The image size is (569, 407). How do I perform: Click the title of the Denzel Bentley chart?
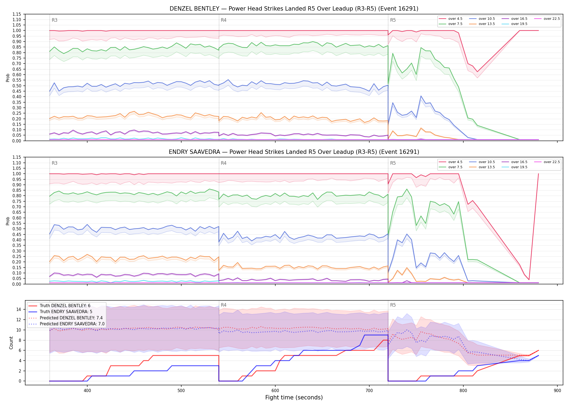294,9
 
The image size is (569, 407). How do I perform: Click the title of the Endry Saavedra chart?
294,152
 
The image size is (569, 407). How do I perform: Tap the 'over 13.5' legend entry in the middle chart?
482,167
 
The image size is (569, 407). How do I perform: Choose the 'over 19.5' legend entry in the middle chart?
515,167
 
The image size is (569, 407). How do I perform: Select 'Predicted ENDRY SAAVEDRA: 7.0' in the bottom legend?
66,324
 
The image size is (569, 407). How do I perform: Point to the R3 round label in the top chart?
54,20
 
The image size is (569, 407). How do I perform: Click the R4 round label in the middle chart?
224,163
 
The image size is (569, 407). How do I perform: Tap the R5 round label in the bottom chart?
393,305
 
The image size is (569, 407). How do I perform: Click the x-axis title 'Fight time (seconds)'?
294,398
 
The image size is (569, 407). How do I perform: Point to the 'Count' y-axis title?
11,343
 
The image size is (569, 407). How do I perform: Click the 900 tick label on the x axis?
557,390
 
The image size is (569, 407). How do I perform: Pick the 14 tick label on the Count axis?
19,309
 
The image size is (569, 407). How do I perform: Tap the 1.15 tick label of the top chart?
17,14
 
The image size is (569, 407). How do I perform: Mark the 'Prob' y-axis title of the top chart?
8,78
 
